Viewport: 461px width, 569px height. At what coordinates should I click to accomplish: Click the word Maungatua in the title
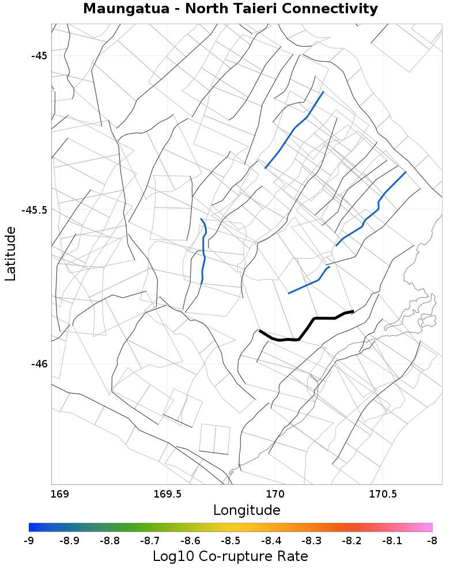tap(118, 9)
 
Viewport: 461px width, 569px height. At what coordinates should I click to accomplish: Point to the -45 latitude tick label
tap(39, 56)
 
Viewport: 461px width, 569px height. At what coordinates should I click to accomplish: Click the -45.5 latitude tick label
tap(35, 210)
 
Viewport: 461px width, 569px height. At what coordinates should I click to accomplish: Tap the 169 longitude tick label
tap(59, 494)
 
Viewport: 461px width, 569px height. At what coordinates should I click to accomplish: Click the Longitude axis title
tap(247, 510)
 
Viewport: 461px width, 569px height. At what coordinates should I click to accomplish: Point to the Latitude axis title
tap(11, 253)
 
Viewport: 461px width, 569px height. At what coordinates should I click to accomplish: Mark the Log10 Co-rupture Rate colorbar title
tap(231, 556)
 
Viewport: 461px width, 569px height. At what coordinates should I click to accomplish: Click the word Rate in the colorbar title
tap(292, 556)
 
